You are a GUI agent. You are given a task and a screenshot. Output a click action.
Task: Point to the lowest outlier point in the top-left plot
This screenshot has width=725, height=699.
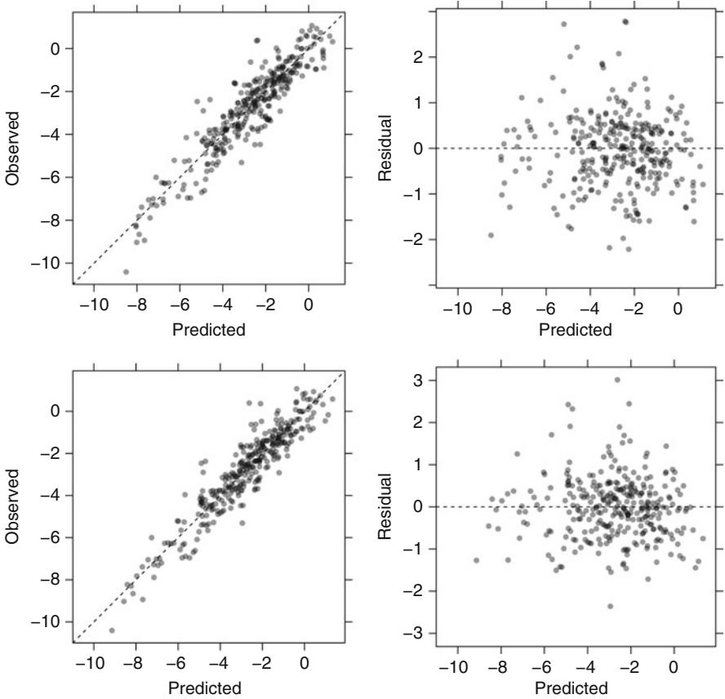pyautogui.click(x=126, y=272)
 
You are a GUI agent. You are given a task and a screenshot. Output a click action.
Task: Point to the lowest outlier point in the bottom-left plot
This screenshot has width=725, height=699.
pyautogui.click(x=112, y=630)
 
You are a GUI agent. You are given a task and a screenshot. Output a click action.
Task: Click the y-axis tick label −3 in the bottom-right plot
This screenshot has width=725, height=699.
pyautogui.click(x=420, y=634)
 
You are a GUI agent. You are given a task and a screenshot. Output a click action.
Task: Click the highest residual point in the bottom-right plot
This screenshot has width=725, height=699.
pyautogui.click(x=617, y=380)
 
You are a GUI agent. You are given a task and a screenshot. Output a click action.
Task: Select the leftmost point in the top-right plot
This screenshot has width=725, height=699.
pyautogui.click(x=491, y=235)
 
